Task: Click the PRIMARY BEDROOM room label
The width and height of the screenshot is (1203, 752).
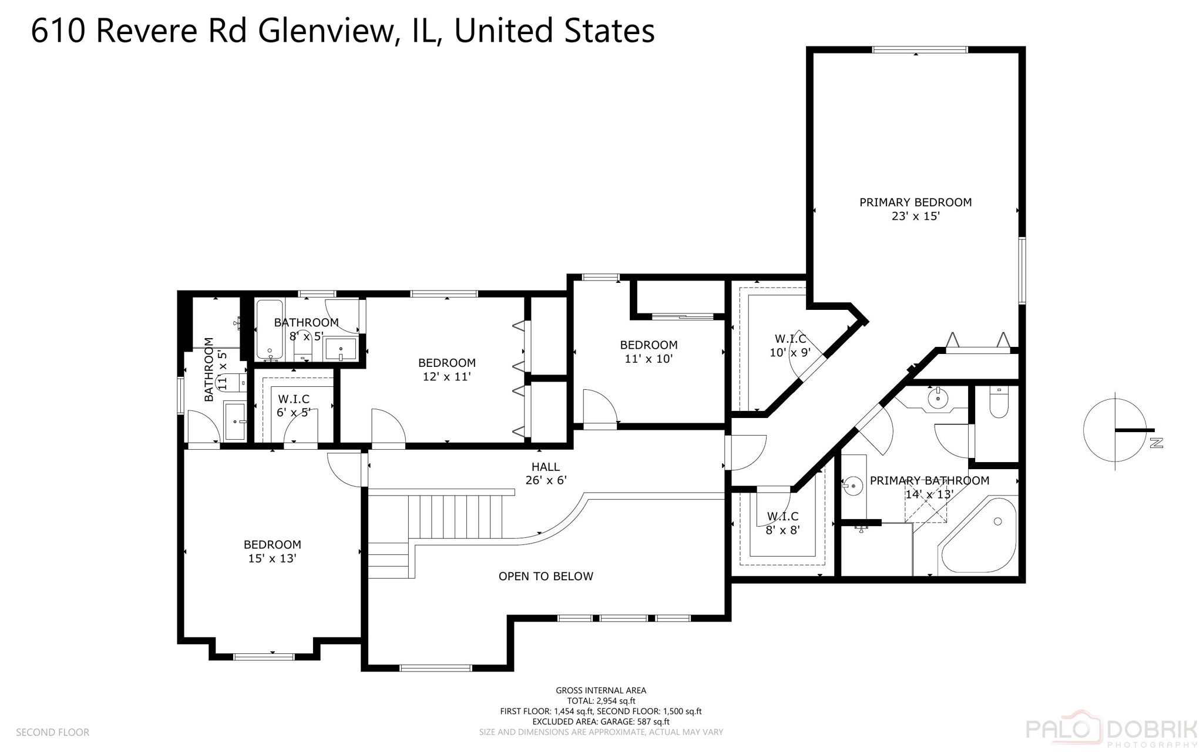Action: point(915,202)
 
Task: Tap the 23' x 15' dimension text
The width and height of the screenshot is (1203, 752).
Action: point(915,216)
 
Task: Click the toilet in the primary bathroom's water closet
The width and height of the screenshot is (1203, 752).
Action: point(999,402)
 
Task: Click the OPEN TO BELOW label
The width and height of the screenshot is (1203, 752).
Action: point(546,576)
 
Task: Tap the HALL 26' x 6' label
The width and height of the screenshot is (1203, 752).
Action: point(546,473)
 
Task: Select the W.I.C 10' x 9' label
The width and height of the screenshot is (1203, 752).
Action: point(790,346)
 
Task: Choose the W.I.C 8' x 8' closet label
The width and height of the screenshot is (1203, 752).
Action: point(782,523)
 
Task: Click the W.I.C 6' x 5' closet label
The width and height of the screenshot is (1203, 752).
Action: point(293,406)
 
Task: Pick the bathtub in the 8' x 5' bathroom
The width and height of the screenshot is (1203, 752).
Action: point(270,329)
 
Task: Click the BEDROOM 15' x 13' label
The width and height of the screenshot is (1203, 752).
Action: point(272,552)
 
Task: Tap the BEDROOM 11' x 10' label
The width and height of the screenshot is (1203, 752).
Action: point(648,352)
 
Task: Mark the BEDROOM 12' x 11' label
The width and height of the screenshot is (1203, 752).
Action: point(446,370)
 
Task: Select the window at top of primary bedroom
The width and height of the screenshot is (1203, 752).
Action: point(919,50)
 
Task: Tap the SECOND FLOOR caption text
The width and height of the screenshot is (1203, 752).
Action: point(52,732)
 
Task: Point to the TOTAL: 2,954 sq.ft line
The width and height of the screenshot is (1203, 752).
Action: point(601,701)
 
